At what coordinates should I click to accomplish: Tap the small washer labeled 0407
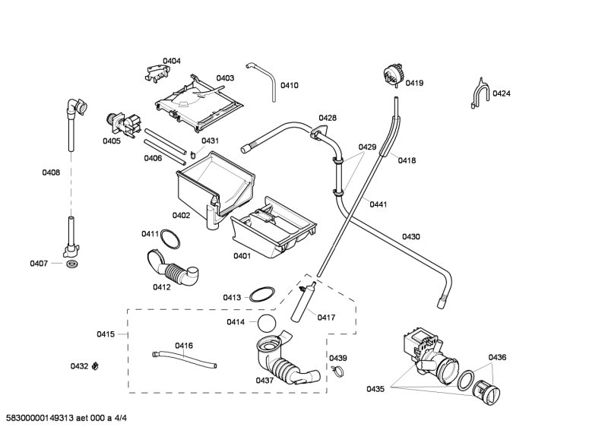[x=71, y=264]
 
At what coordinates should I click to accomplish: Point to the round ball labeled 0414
[x=266, y=323]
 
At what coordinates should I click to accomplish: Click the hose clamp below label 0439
[x=337, y=372]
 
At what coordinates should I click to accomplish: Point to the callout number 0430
[x=410, y=237]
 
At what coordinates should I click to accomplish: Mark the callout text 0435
[x=375, y=389]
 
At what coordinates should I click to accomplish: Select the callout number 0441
[x=379, y=204]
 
